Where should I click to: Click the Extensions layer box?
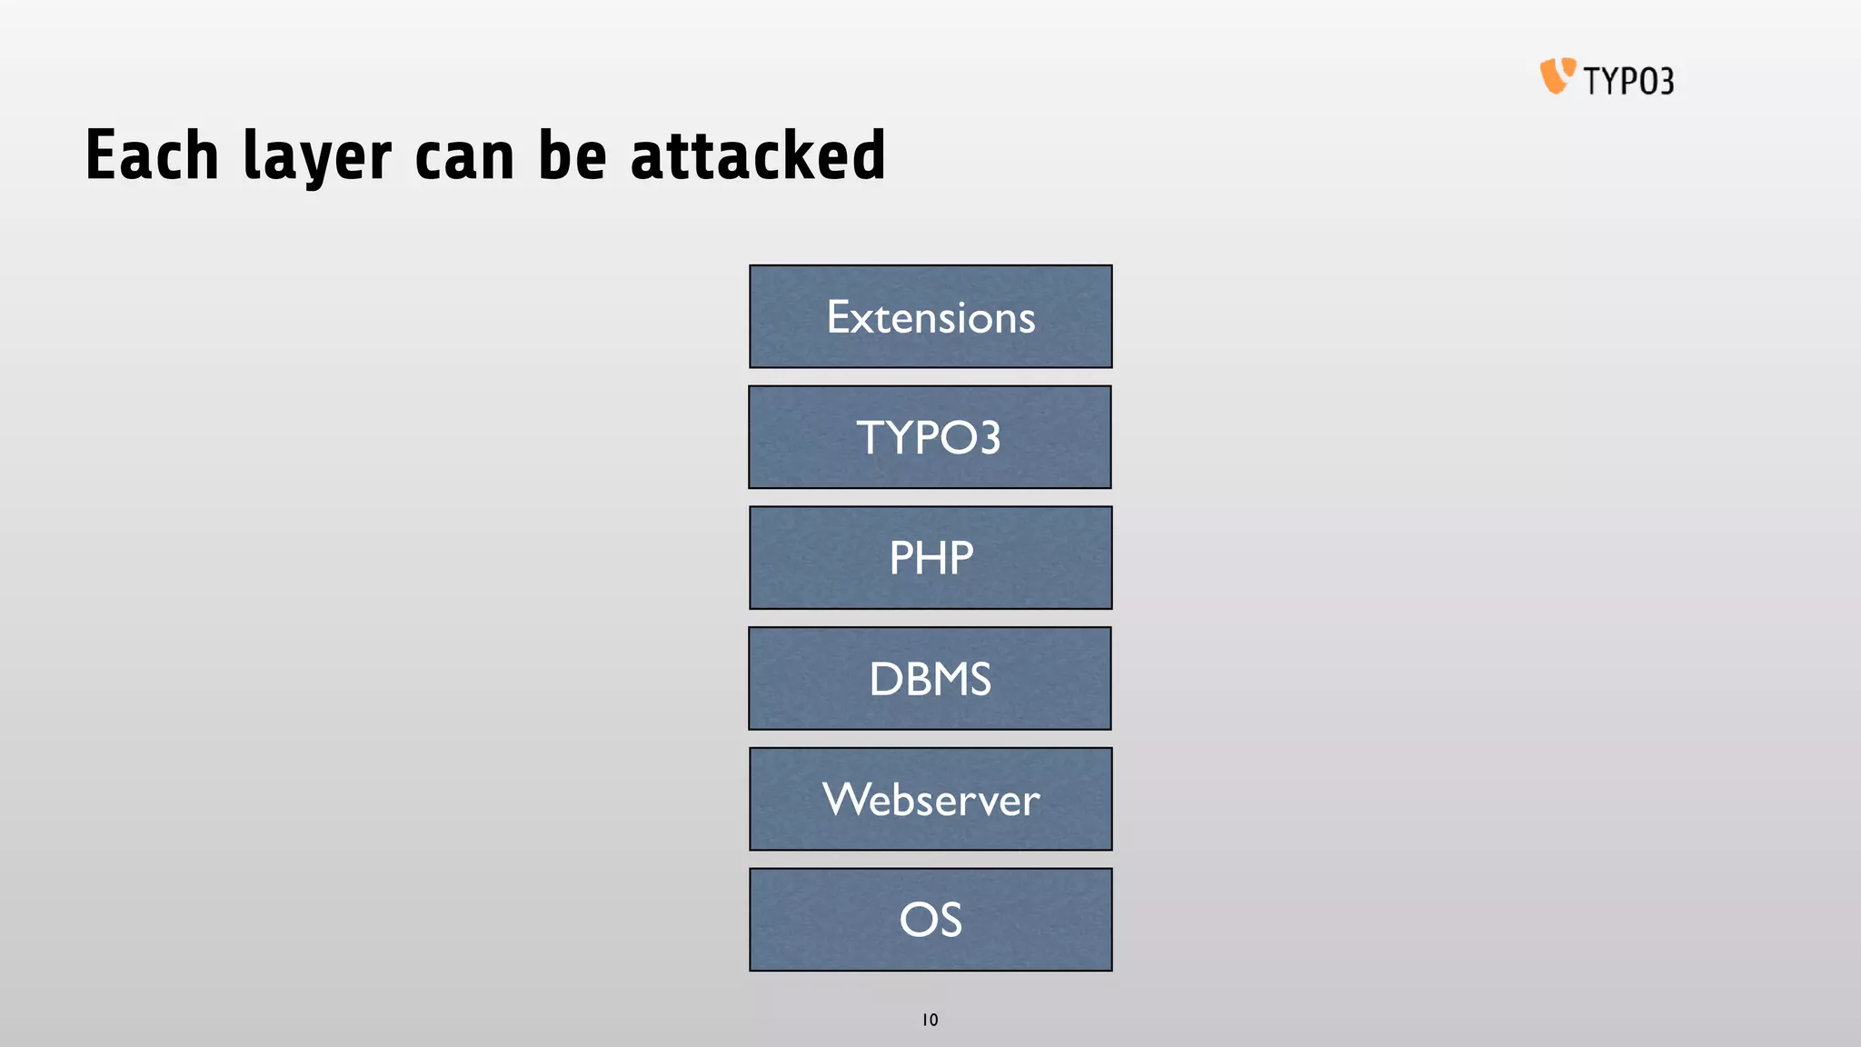pyautogui.click(x=930, y=316)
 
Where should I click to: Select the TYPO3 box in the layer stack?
pyautogui.click(x=930, y=437)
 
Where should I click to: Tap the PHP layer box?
pyautogui.click(x=930, y=557)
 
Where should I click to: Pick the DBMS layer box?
pyautogui.click(x=930, y=678)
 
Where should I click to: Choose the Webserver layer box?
pyautogui.click(x=930, y=799)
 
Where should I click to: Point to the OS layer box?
pyautogui.click(x=930, y=919)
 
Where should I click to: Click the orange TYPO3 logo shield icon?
pyautogui.click(x=1557, y=75)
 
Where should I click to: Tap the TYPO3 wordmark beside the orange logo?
pyautogui.click(x=1628, y=81)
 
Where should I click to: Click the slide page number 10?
pyautogui.click(x=930, y=1020)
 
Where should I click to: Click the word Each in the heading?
pyautogui.click(x=152, y=155)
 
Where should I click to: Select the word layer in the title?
pyautogui.click(x=317, y=157)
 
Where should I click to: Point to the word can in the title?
pyautogui.click(x=464, y=157)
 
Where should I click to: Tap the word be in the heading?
pyautogui.click(x=572, y=155)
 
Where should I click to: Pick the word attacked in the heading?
pyautogui.click(x=758, y=155)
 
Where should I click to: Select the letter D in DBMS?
pyautogui.click(x=885, y=679)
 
